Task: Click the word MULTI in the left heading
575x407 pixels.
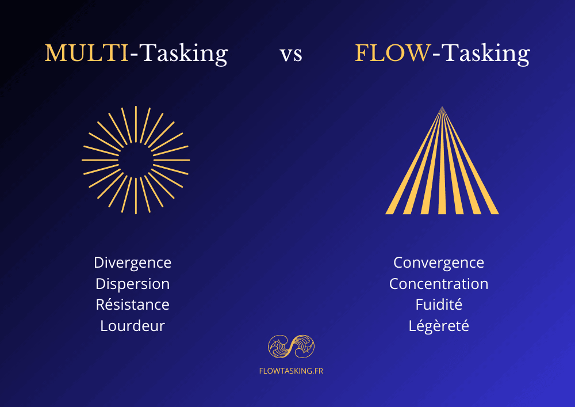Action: [87, 53]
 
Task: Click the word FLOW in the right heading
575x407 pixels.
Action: [393, 53]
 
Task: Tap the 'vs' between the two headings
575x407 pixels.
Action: [291, 55]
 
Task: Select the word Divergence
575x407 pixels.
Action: [132, 263]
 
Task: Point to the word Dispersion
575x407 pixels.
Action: [132, 284]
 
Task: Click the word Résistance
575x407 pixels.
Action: [132, 305]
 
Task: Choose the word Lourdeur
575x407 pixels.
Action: [132, 326]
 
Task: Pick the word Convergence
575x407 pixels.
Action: [439, 263]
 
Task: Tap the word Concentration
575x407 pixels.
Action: [439, 284]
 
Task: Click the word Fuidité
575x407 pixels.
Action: [439, 305]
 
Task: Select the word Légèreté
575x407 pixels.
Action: [439, 326]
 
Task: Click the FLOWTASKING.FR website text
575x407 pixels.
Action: [291, 371]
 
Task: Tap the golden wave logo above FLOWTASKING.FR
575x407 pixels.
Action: [291, 347]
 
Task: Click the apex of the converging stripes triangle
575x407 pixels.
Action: [442, 107]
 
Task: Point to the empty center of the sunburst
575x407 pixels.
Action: [136, 161]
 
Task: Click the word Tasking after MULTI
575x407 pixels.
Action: [184, 54]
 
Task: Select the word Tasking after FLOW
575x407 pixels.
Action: [485, 54]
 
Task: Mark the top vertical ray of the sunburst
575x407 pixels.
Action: [136, 124]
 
